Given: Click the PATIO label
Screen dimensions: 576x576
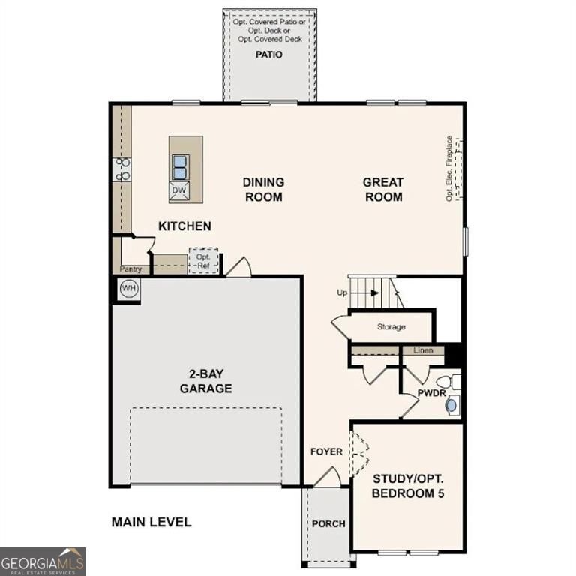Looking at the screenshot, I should coord(269,55).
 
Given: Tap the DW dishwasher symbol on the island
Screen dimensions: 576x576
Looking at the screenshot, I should coord(178,190).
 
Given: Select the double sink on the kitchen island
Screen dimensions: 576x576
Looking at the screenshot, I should coord(179,166).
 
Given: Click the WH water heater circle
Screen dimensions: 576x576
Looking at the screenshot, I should coord(129,289).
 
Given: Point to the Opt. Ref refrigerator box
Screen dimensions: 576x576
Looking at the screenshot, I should coord(202,260).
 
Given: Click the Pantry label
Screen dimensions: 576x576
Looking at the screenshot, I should coord(131,268).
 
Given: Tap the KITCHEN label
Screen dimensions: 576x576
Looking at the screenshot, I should coord(184,226).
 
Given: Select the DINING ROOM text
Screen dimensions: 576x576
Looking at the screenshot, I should coord(262,189).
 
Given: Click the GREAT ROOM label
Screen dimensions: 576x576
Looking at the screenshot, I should coord(382,189).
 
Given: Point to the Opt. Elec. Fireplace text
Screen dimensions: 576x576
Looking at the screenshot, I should coord(449,168).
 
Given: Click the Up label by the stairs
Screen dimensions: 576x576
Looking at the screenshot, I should coord(342,292).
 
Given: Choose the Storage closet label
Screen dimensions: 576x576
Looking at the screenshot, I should coord(391,327).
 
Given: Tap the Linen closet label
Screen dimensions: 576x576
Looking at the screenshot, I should coord(423,350).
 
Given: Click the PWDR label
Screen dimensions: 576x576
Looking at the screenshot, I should coord(431,392).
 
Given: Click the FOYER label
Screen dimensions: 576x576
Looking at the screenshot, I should coord(326,451).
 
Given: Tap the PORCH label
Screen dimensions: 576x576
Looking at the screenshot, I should coord(328,523).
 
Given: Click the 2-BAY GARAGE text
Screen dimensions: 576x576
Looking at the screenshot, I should coord(205,381).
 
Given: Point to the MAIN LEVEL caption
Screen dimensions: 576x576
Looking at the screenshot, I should coord(151,522).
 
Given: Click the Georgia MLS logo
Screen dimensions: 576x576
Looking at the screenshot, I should coord(43,561).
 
